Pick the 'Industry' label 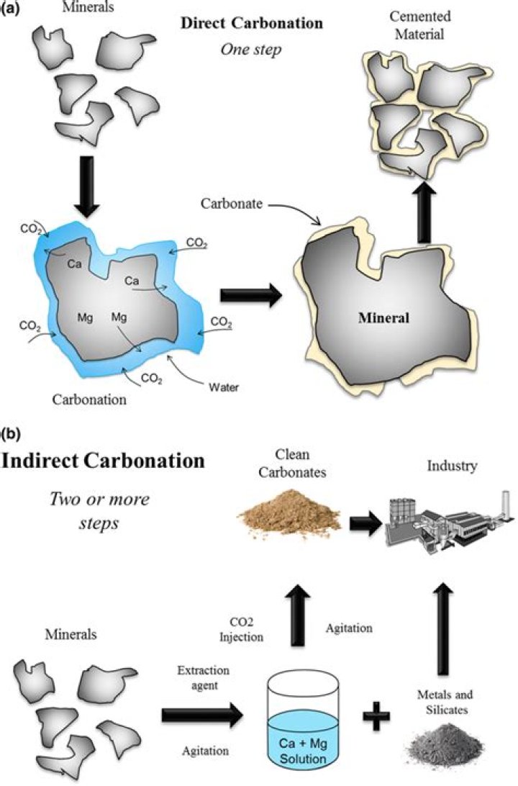coord(450,466)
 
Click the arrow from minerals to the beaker coord(203,715)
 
